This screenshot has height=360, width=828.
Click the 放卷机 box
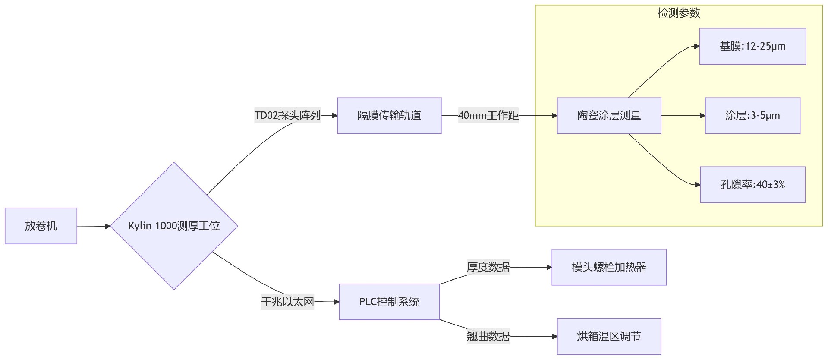click(41, 226)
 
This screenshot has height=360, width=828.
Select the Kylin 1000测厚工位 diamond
click(174, 226)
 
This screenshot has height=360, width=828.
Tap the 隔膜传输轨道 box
click(389, 115)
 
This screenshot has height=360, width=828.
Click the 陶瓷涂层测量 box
click(609, 115)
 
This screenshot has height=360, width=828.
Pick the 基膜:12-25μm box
click(752, 46)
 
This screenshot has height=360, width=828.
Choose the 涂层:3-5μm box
click(752, 115)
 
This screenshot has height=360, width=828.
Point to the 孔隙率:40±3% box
click(752, 184)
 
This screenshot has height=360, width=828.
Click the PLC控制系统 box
click(389, 302)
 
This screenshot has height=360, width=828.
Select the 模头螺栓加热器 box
click(609, 267)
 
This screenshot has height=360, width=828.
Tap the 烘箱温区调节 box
click(609, 336)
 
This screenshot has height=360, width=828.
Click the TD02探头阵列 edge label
click(287, 115)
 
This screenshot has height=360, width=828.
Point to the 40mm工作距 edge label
click(488, 115)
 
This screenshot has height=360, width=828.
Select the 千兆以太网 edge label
click(287, 302)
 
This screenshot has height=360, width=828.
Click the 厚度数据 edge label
click(488, 267)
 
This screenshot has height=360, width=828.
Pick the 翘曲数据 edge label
click(488, 336)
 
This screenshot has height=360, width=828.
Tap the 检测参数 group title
click(679, 13)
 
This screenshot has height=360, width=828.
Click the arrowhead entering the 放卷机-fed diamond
click(108, 226)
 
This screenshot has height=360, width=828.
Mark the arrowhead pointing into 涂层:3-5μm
click(702, 116)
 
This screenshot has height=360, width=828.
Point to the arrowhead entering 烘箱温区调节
click(554, 336)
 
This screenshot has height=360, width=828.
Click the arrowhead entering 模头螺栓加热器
click(549, 267)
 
